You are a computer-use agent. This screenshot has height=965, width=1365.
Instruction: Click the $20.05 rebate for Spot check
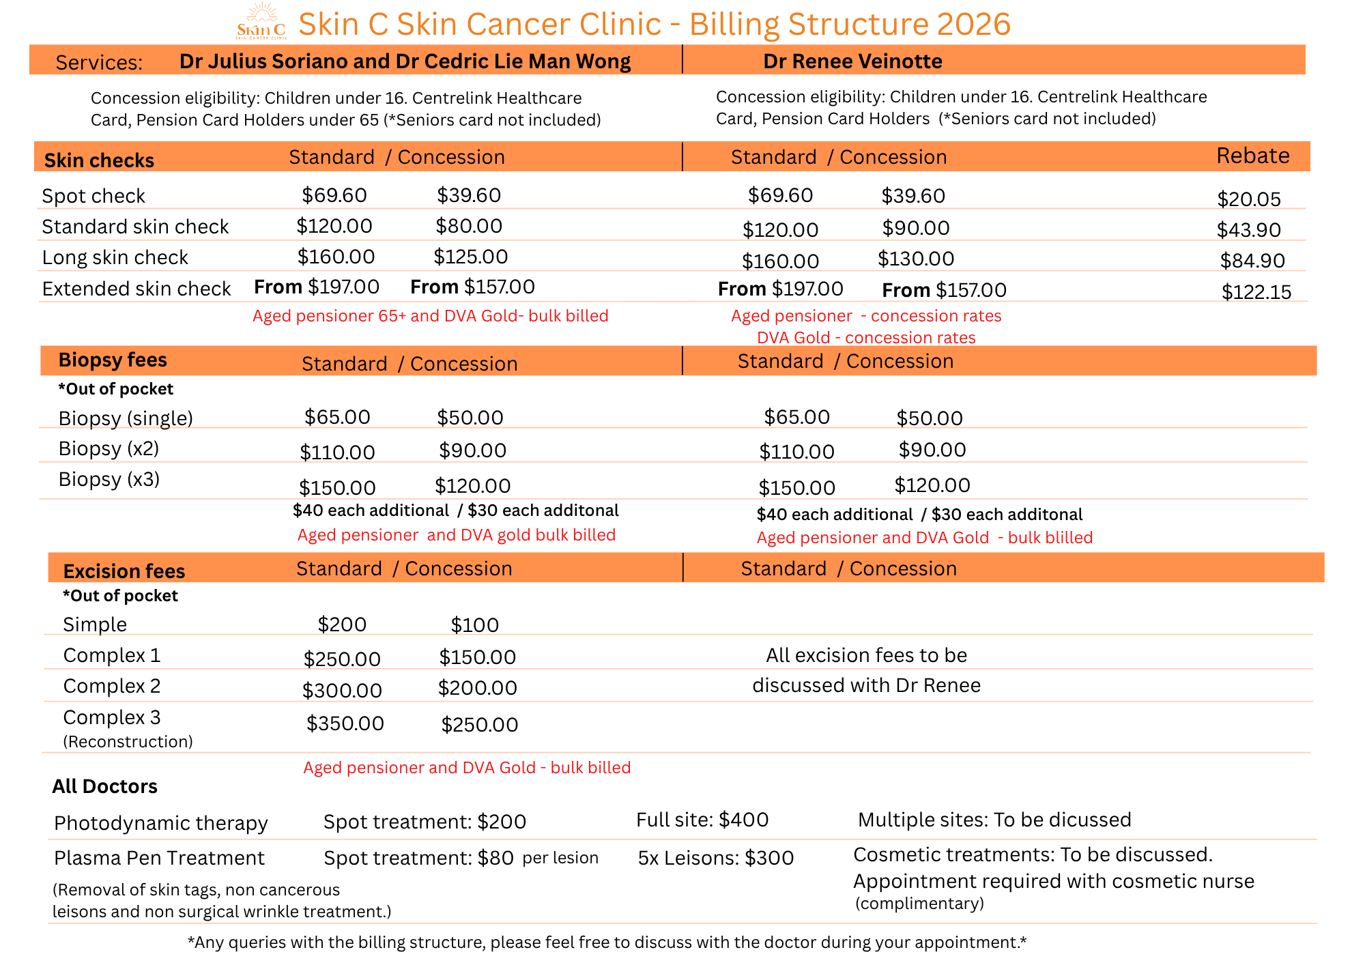click(1248, 199)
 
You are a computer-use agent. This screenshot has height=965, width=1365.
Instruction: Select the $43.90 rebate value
click(1248, 230)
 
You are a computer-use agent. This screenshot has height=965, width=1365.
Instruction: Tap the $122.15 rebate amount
click(1256, 292)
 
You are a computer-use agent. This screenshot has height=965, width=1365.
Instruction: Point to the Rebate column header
click(1252, 156)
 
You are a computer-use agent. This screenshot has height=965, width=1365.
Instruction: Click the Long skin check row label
click(115, 257)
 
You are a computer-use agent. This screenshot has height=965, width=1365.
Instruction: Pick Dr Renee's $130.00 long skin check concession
click(915, 259)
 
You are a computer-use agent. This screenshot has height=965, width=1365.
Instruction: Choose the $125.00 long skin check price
click(470, 257)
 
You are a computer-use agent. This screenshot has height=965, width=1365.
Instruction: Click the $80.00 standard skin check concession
click(469, 226)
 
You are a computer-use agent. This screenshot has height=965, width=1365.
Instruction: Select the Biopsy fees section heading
click(113, 360)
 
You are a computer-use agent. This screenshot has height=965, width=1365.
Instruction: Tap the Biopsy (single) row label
click(126, 418)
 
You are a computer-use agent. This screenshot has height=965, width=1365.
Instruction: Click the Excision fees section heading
click(124, 571)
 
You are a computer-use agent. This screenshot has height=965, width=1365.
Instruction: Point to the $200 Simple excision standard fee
click(342, 624)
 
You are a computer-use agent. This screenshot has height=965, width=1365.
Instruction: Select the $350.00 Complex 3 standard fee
click(345, 723)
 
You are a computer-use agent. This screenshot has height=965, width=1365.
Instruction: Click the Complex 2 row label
click(112, 686)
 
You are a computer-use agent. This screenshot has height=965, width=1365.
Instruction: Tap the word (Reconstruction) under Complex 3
click(128, 742)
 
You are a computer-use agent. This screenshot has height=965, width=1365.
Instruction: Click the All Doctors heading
click(104, 786)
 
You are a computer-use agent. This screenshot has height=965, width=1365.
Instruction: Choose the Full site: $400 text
click(702, 820)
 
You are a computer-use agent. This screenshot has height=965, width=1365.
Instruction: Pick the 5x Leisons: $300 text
click(715, 858)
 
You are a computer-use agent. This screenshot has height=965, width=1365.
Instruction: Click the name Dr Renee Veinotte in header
click(852, 61)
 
